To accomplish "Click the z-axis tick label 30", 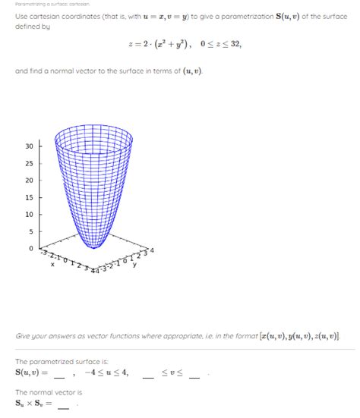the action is pos(28,146).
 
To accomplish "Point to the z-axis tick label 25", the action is pos(28,163).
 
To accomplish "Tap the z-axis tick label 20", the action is pos(28,180).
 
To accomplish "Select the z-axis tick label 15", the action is pos(28,197).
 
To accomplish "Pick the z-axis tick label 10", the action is pos(28,214).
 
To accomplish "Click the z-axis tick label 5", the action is pos(30,231).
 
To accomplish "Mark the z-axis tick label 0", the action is pos(30,248).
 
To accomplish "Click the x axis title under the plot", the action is pos(52,265).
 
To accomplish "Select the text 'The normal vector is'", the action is pos(49,391).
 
